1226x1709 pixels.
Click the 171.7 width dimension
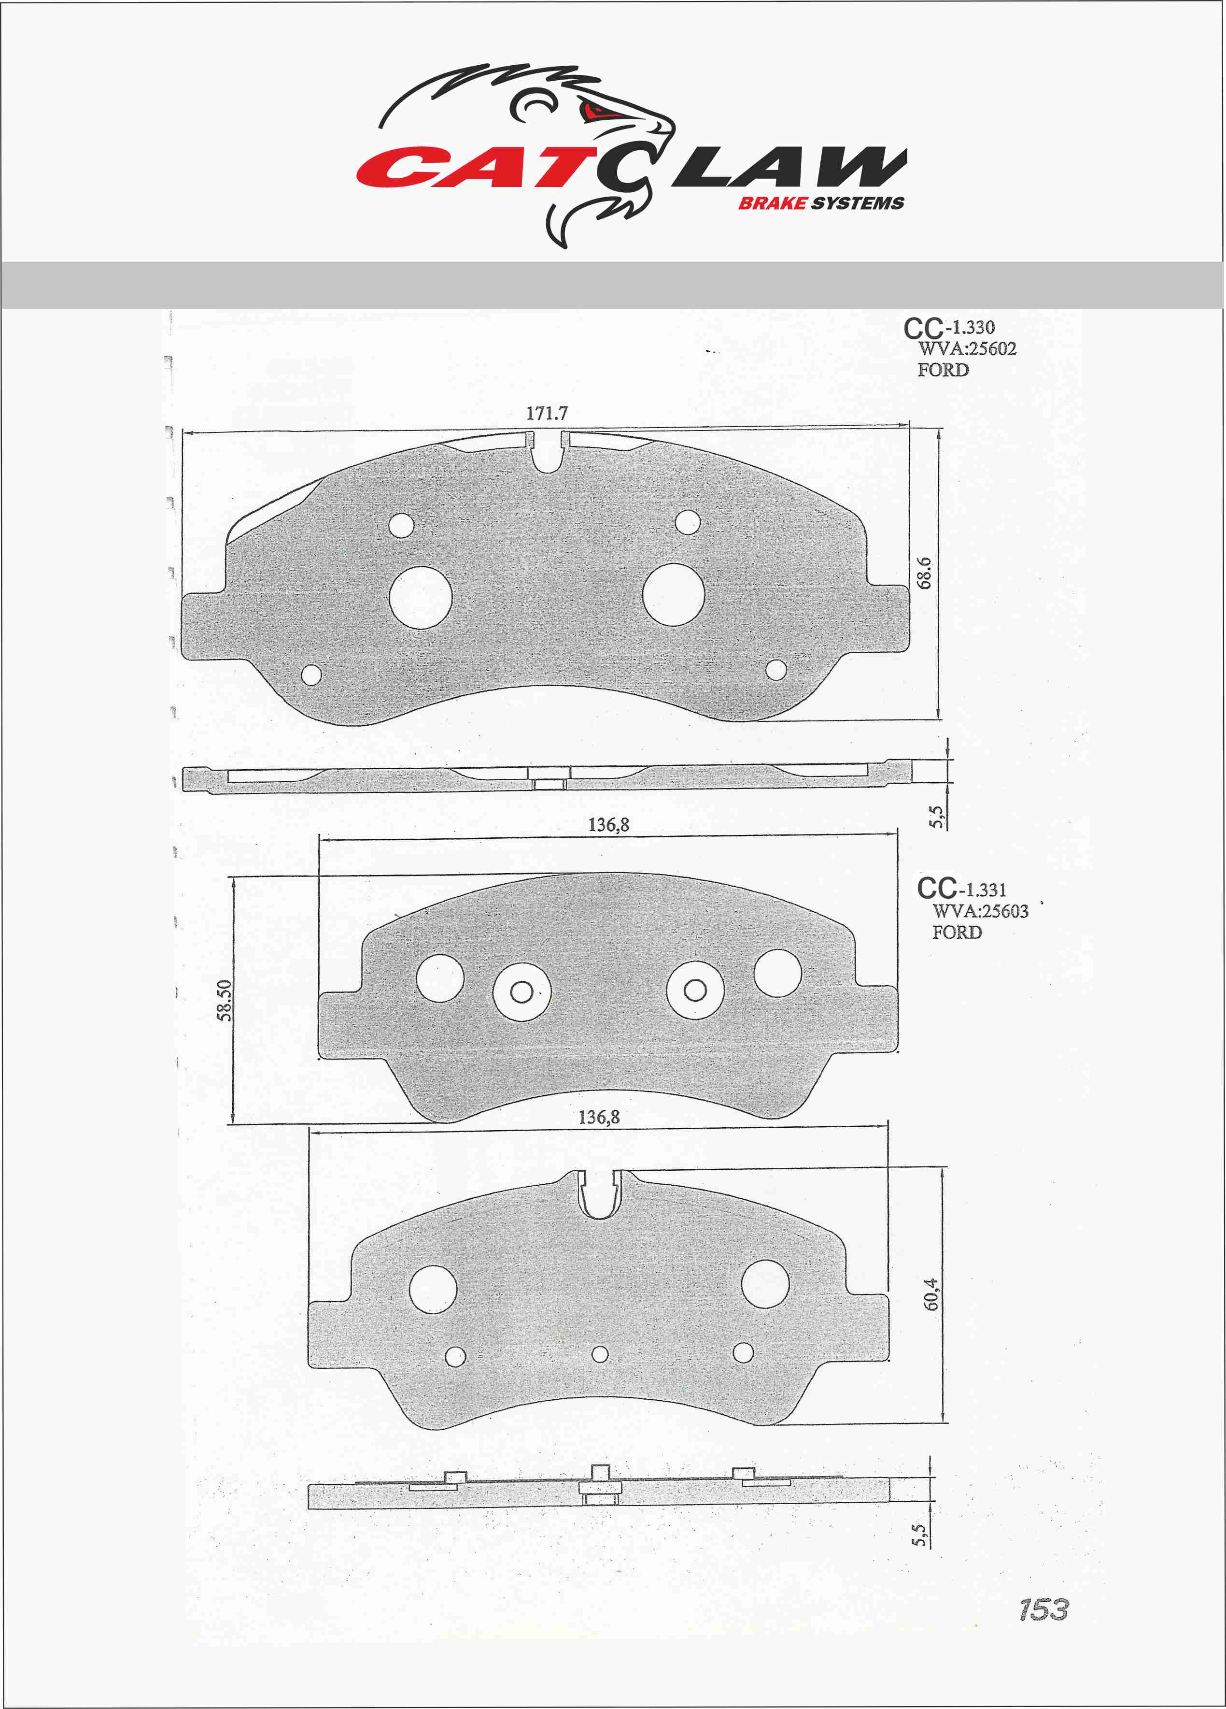point(547,414)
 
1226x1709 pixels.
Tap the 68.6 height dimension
point(925,573)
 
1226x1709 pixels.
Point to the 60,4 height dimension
point(931,1294)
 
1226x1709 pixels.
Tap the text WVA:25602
point(967,349)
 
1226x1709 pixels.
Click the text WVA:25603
point(981,911)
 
